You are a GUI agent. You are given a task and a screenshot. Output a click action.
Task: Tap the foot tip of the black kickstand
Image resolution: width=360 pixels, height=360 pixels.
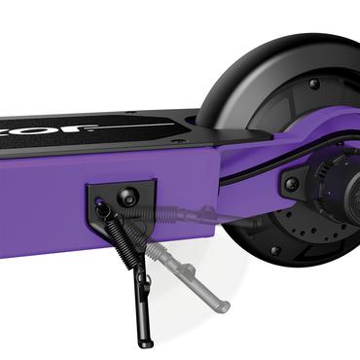coord(146,342)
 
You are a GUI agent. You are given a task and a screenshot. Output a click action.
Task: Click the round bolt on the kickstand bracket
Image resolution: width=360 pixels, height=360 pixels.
coord(126,198)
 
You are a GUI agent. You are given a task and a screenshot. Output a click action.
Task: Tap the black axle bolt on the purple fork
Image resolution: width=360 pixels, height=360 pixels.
coord(292,183)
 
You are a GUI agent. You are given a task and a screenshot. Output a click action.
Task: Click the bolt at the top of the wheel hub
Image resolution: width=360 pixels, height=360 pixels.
coord(313,85)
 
